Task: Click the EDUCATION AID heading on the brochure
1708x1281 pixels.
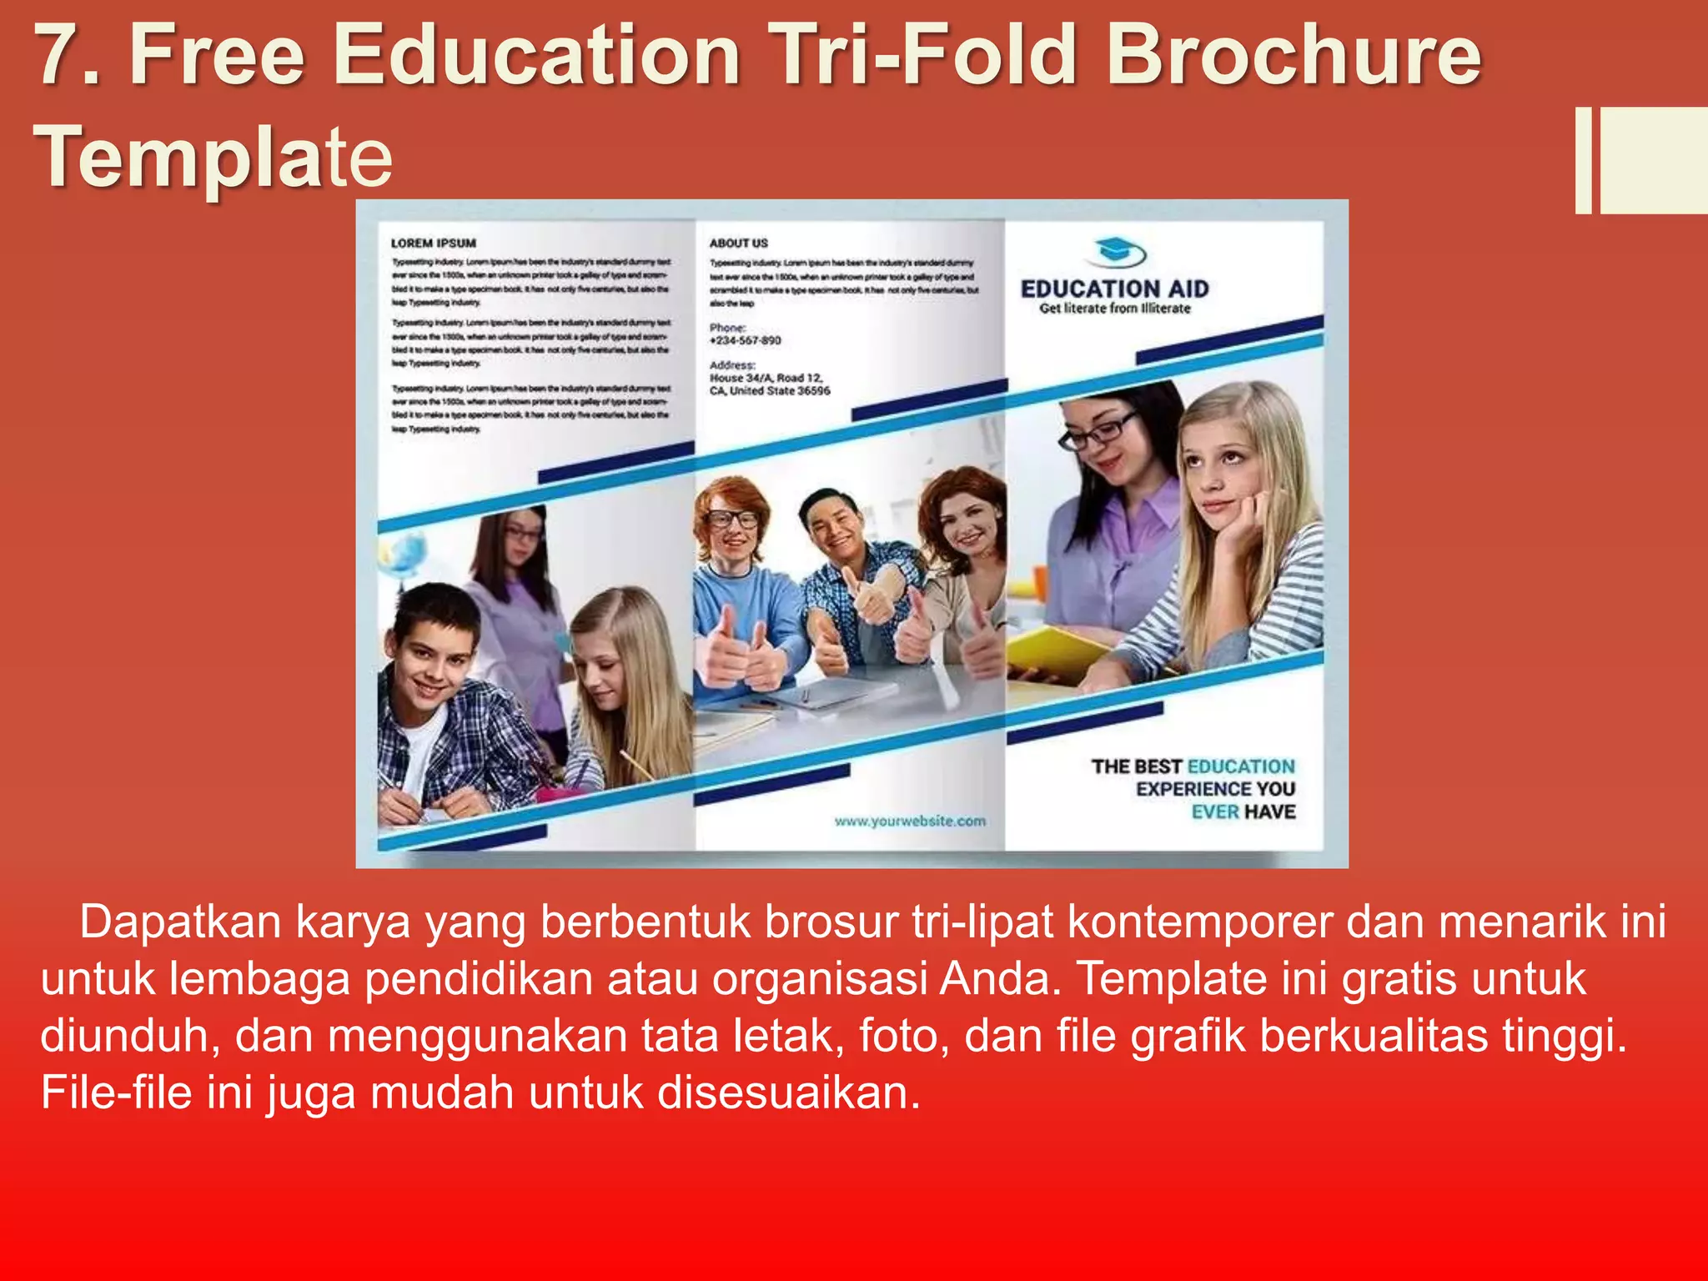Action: pyautogui.click(x=1114, y=289)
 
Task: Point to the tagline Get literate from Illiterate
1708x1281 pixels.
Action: pyautogui.click(x=1114, y=309)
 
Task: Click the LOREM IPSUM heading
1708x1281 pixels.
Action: pyautogui.click(x=434, y=244)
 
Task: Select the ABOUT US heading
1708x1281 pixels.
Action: pyautogui.click(x=738, y=244)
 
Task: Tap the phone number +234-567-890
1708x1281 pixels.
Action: pyautogui.click(x=745, y=340)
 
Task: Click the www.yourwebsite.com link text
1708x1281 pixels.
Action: pyautogui.click(x=910, y=821)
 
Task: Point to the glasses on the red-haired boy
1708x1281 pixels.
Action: pyautogui.click(x=731, y=519)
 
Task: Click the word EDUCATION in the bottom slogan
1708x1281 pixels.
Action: pyautogui.click(x=1241, y=766)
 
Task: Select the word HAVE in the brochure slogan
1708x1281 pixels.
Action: pyautogui.click(x=1270, y=811)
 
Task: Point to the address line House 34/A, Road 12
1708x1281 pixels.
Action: pyautogui.click(x=766, y=378)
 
